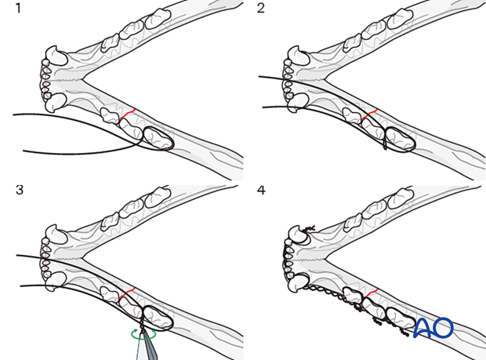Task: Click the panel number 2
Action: point(261,10)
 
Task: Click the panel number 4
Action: point(261,189)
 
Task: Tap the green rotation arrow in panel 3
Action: point(143,334)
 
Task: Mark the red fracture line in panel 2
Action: point(369,115)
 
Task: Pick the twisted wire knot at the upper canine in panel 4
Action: point(306,229)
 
